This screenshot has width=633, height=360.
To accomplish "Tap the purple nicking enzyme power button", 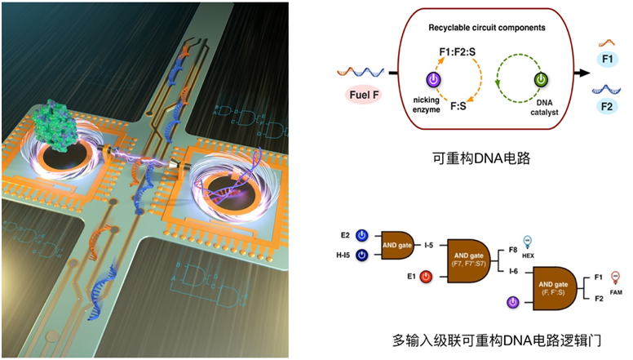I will (x=434, y=80).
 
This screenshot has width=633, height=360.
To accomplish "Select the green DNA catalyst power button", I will (x=539, y=80).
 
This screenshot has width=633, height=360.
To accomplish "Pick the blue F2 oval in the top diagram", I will (x=606, y=107).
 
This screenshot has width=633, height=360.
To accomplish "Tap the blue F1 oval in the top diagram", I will (x=606, y=60).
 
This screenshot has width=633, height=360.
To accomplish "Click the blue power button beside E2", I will (x=362, y=235).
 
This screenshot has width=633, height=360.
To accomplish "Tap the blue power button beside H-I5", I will (x=362, y=256).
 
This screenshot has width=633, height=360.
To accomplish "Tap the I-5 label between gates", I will (x=430, y=245).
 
